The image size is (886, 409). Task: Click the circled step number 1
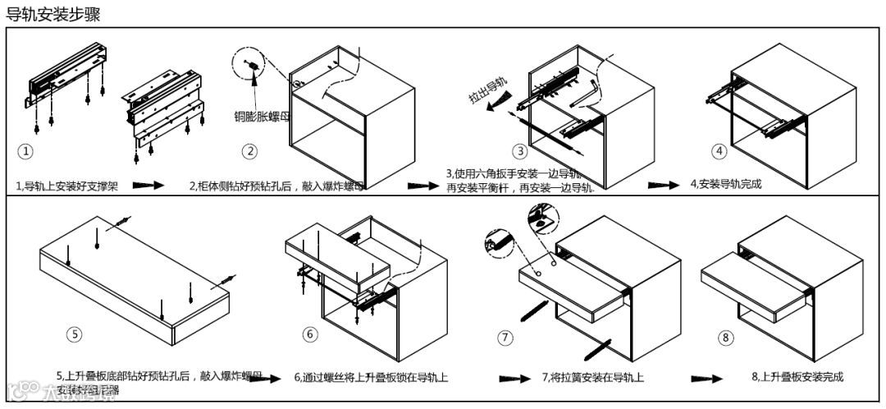pyautogui.click(x=26, y=152)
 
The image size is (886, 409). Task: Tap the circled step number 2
pyautogui.click(x=250, y=151)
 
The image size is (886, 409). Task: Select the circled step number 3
pyautogui.click(x=520, y=151)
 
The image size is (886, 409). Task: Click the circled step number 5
pyautogui.click(x=75, y=334)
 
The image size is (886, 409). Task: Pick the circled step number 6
pyautogui.click(x=310, y=334)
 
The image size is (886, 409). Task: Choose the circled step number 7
pyautogui.click(x=505, y=338)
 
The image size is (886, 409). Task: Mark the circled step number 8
pyautogui.click(x=725, y=338)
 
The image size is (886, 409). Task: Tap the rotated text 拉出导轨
pyautogui.click(x=487, y=90)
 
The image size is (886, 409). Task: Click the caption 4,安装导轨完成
pyautogui.click(x=726, y=184)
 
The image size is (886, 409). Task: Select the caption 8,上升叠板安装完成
pyautogui.click(x=797, y=377)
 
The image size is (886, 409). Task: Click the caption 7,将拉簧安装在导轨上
pyautogui.click(x=592, y=377)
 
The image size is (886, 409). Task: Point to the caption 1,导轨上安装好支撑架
pyautogui.click(x=67, y=186)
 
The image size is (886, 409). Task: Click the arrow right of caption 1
pyautogui.click(x=148, y=186)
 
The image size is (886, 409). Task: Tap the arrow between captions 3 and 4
pyautogui.click(x=663, y=185)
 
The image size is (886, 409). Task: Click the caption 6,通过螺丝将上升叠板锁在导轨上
pyautogui.click(x=371, y=378)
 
